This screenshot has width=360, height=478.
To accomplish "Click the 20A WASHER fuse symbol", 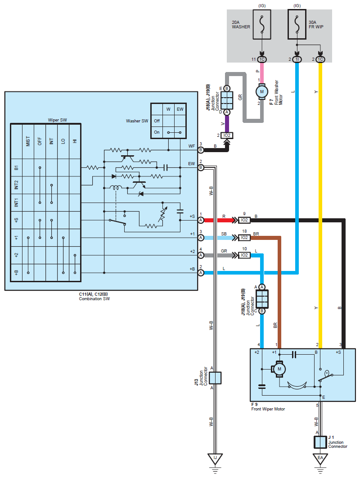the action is click(262, 24).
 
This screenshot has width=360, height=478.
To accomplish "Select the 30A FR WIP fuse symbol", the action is click(297, 24).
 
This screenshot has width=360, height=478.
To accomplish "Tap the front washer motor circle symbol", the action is click(262, 91).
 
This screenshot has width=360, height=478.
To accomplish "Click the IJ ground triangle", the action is click(215, 459).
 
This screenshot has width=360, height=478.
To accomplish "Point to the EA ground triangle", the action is click(320, 459).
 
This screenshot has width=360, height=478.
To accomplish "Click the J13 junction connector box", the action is click(215, 378).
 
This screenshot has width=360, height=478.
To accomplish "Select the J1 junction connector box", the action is click(320, 442).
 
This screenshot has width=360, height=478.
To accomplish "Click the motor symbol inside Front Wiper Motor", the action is click(279, 369).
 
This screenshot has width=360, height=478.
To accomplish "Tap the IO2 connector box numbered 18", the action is click(244, 238).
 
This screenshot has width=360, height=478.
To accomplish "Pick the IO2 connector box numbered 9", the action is click(244, 220).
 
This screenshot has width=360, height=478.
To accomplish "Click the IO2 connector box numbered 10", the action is click(244, 255).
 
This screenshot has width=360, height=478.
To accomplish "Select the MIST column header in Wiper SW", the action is click(28, 141).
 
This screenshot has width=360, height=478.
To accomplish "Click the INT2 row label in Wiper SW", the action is click(16, 185).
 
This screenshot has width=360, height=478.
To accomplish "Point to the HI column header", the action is click(75, 141).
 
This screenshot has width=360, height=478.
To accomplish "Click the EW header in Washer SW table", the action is click(180, 109).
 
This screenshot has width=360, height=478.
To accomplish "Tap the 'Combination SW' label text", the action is click(94, 299).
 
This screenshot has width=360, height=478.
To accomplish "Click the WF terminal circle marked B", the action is click(201, 150).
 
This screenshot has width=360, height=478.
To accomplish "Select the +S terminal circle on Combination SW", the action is click(201, 220).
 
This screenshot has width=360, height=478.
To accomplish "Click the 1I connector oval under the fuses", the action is click(297, 59).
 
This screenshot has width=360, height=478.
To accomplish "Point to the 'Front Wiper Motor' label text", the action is click(268, 409).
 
